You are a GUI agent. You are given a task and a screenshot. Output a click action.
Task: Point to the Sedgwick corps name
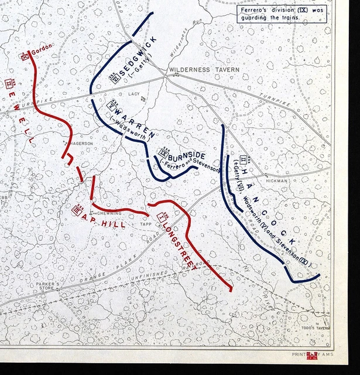coord(130,66)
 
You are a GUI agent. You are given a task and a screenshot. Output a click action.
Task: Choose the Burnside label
coord(187,156)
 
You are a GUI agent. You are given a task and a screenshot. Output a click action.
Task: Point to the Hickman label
coord(277,181)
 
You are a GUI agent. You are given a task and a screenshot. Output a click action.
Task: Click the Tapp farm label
coord(145,223)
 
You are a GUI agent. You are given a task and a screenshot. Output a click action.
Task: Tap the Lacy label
coord(134,94)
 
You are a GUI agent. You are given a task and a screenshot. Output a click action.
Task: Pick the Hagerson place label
coord(81,144)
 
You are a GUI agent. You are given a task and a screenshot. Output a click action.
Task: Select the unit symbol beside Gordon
coord(25,57)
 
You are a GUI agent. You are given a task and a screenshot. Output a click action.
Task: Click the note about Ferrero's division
coord(282,13)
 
